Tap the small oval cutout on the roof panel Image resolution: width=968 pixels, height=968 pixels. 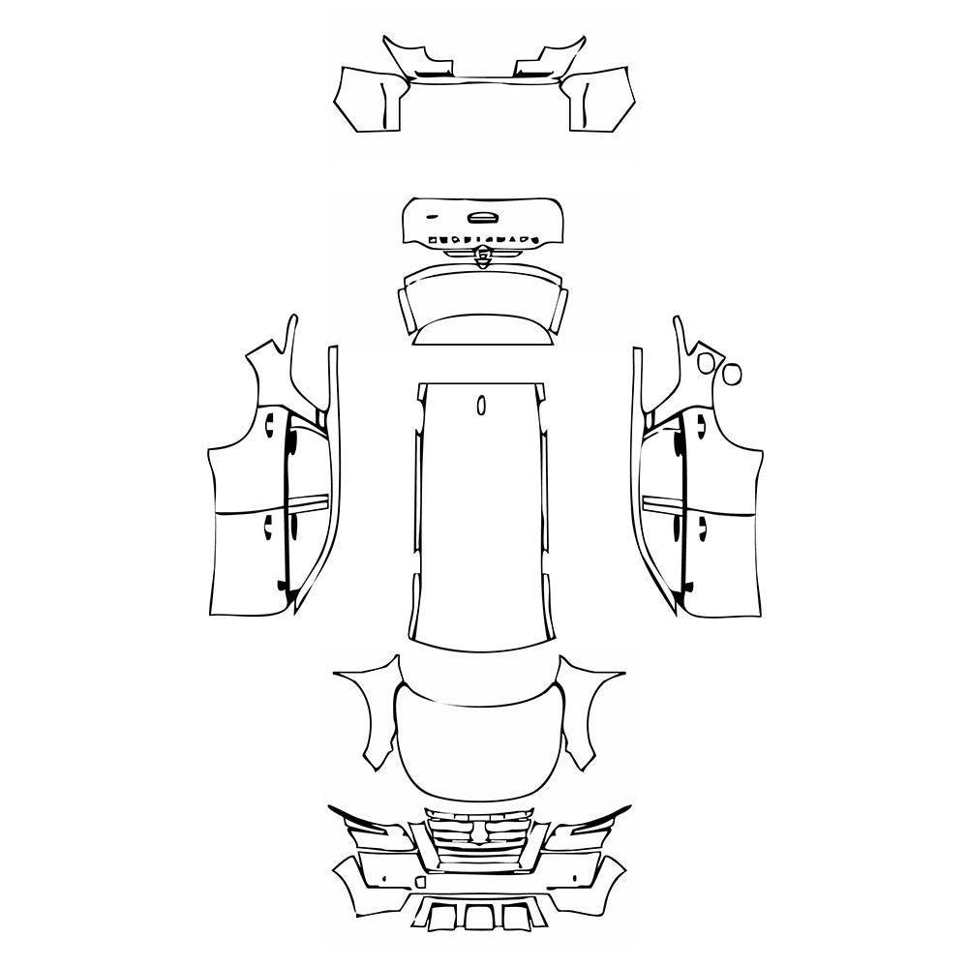481,406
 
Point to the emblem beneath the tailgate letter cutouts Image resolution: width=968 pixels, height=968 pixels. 481,256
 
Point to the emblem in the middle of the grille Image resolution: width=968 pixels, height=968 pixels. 480,832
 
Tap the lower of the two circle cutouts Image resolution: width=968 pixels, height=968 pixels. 731,372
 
